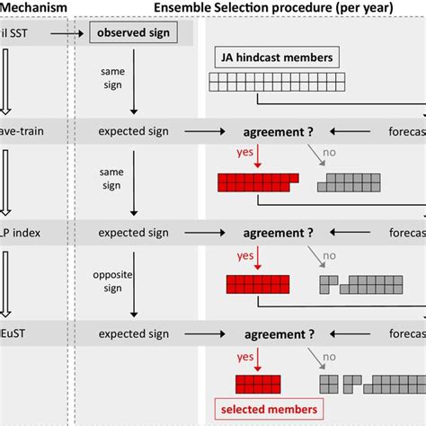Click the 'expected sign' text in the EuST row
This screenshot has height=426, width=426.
coord(134,333)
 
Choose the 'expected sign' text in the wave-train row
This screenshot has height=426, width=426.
coord(134,132)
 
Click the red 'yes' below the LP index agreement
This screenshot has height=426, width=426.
coord(245,254)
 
